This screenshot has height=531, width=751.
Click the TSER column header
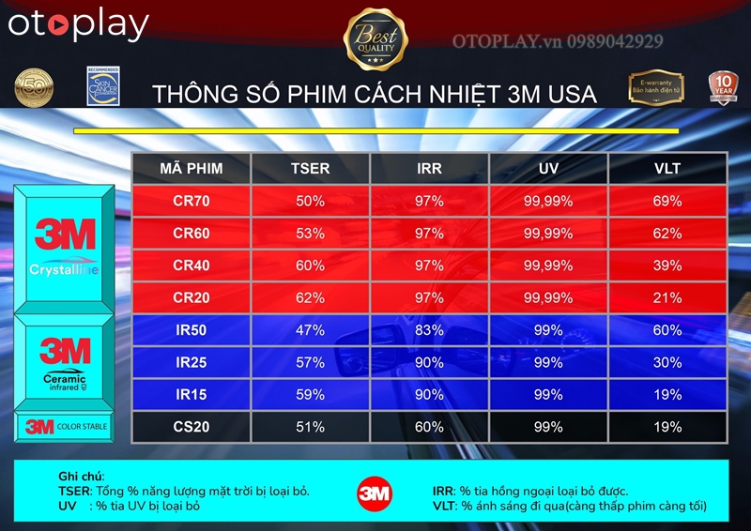pyautogui.click(x=310, y=169)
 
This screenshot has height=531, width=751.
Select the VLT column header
pyautogui.click(x=667, y=169)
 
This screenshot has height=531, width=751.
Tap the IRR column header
pyautogui.click(x=429, y=169)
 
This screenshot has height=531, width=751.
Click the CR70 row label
pyautogui.click(x=192, y=201)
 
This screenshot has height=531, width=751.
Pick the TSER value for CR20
pyautogui.click(x=310, y=298)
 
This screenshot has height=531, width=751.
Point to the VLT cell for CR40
pyautogui.click(x=667, y=265)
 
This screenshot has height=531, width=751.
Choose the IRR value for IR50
pyautogui.click(x=429, y=330)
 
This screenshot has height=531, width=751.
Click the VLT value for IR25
pyautogui.click(x=667, y=362)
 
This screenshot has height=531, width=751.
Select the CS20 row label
pyautogui.click(x=192, y=427)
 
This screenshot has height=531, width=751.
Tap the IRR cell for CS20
pyautogui.click(x=429, y=427)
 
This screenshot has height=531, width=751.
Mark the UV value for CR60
pyautogui.click(x=548, y=234)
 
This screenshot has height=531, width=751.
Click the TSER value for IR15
pyautogui.click(x=310, y=395)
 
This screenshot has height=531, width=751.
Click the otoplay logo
pyautogui.click(x=79, y=25)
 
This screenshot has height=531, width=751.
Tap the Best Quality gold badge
pyautogui.click(x=375, y=38)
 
